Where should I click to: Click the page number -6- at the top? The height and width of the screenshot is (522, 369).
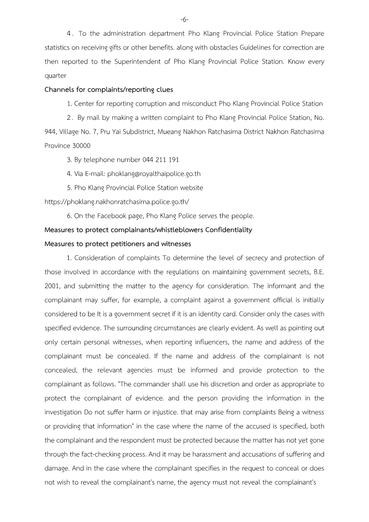pyautogui.click(x=184, y=20)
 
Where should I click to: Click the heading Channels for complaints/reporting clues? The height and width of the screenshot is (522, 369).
pyautogui.click(x=109, y=90)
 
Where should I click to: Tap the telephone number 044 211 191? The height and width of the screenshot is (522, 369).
pyautogui.click(x=157, y=160)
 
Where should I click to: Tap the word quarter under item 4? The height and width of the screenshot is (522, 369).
pyautogui.click(x=55, y=75)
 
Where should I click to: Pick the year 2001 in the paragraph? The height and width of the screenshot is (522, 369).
pyautogui.click(x=52, y=285)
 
